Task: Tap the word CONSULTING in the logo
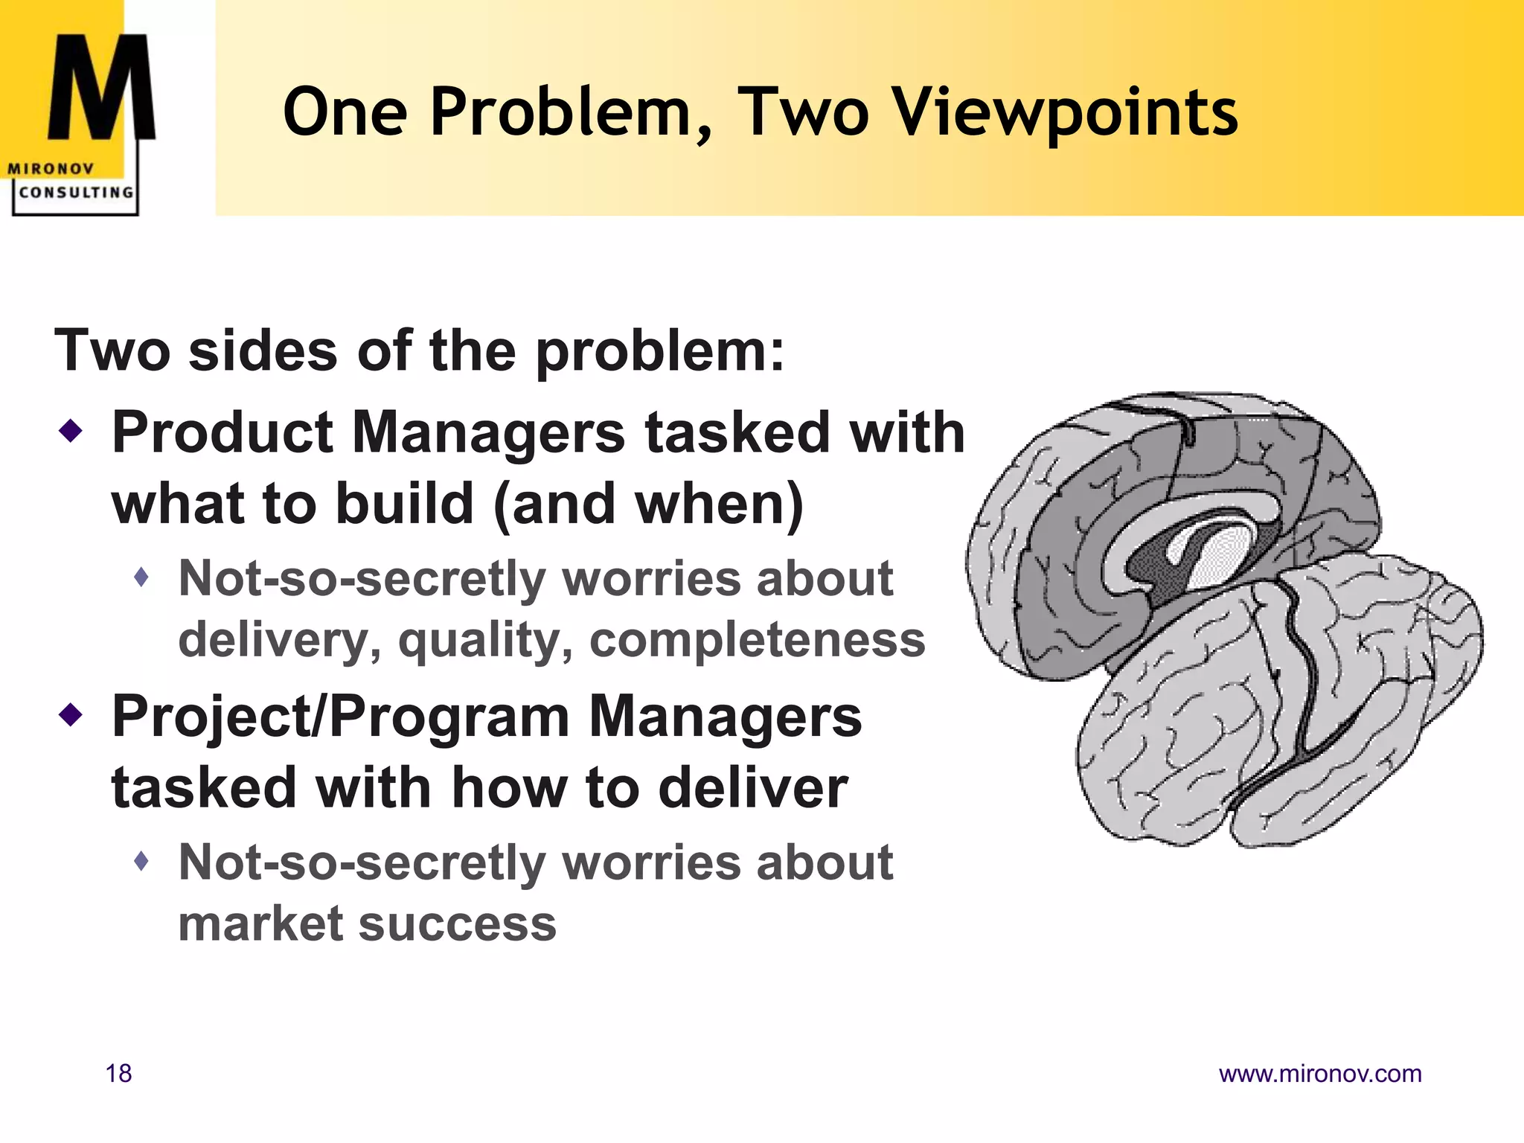point(76,193)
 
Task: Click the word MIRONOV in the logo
point(51,169)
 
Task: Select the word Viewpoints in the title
point(1065,113)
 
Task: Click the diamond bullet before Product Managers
point(71,430)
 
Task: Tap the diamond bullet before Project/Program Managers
point(71,715)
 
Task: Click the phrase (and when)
point(648,504)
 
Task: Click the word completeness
point(757,639)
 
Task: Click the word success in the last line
point(458,923)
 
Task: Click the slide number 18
point(119,1074)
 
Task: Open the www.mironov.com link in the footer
point(1320,1074)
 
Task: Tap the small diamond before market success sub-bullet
point(142,862)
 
